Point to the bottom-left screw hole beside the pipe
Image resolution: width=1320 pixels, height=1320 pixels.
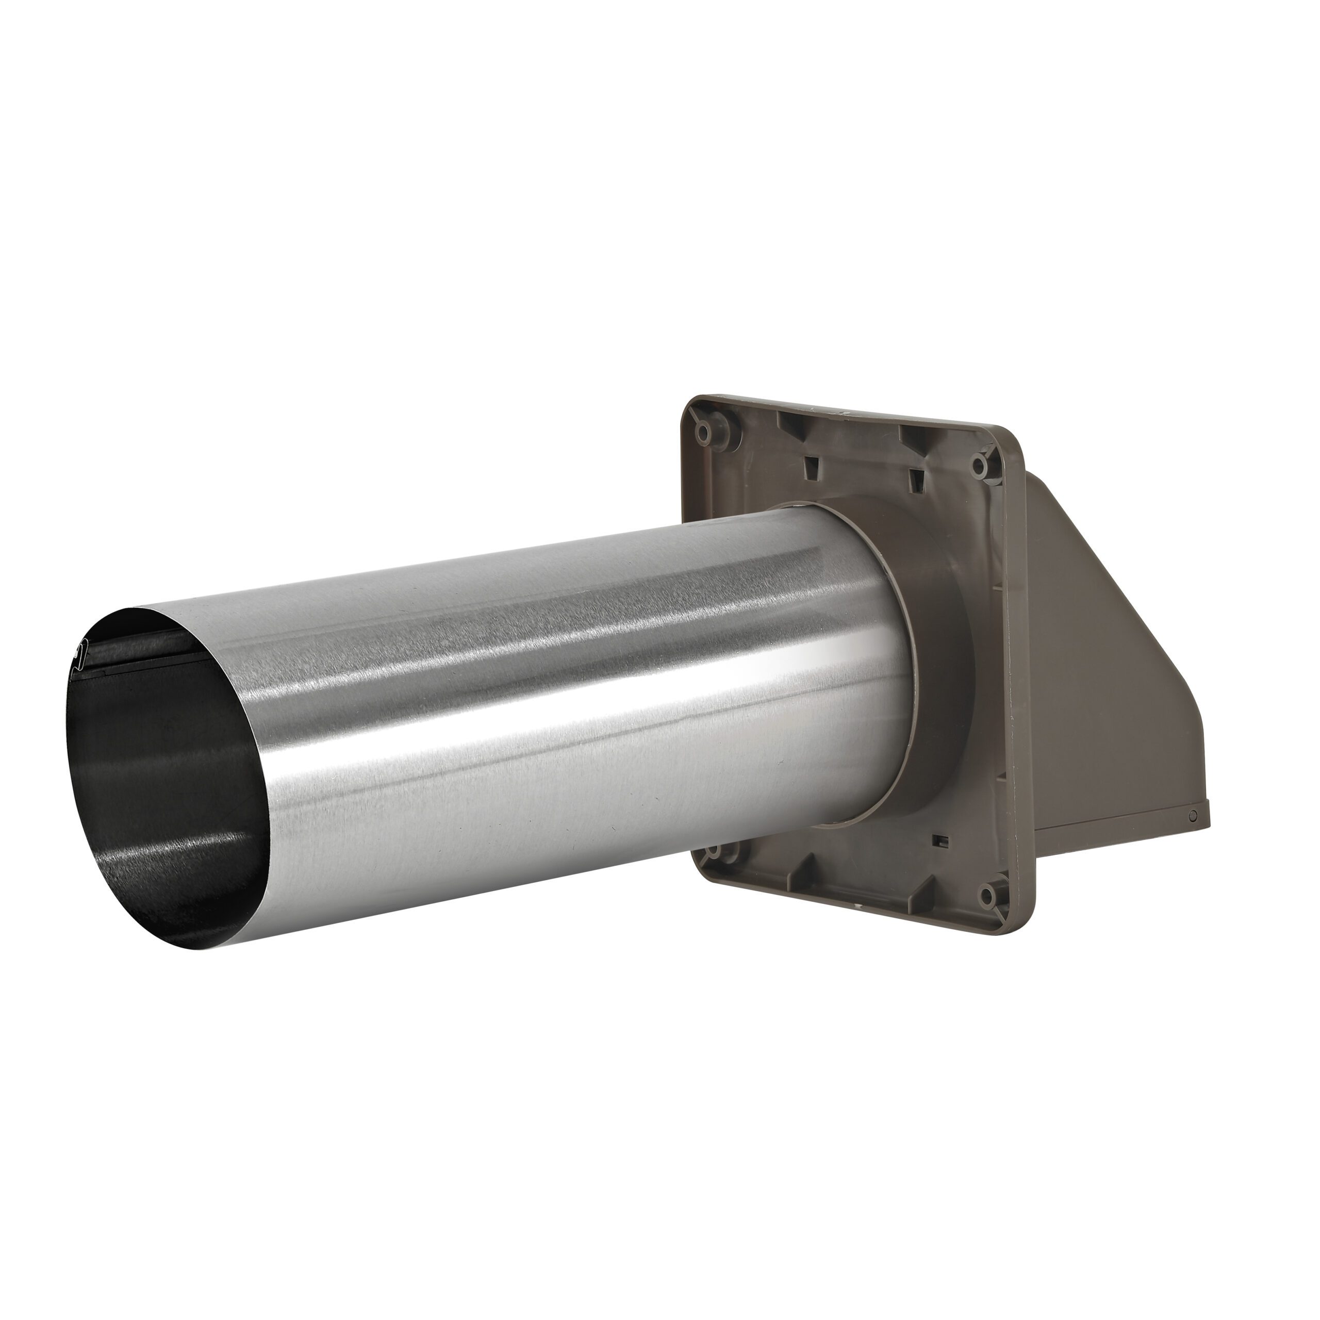711,852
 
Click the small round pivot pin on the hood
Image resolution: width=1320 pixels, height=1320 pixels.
1193,816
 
